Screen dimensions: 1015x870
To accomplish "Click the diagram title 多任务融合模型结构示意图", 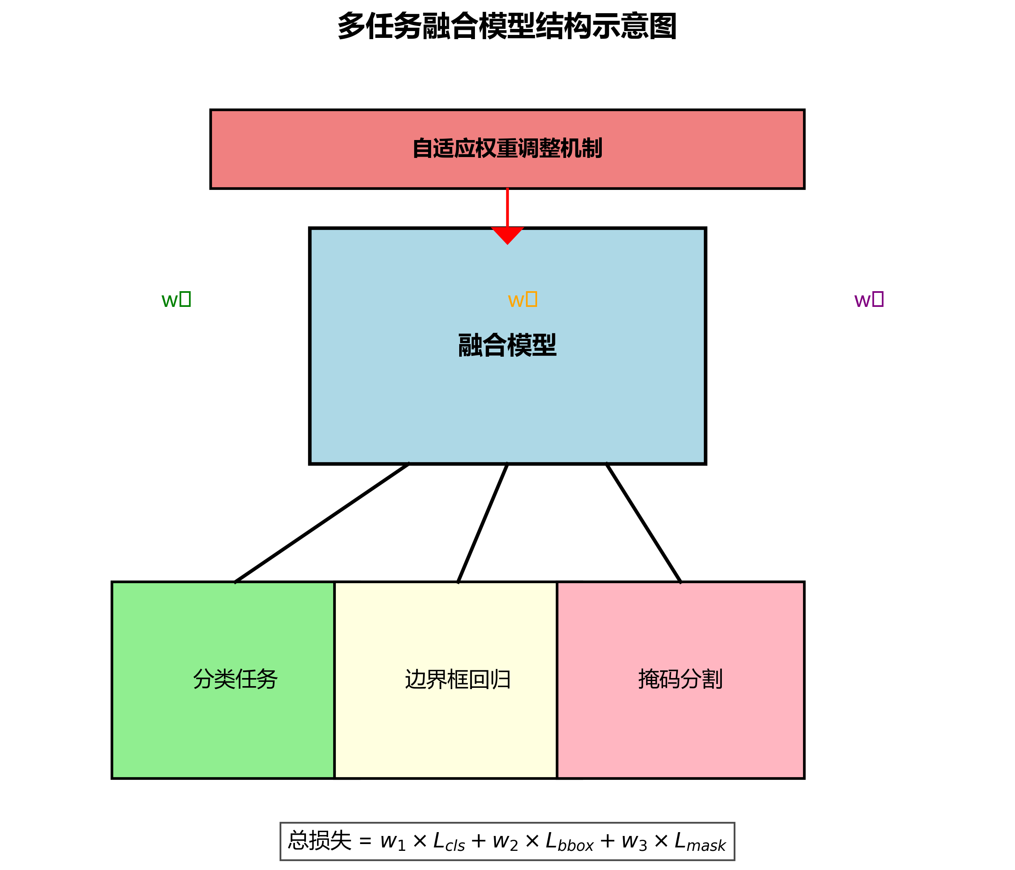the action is point(507,26).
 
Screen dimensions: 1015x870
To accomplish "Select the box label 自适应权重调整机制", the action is point(507,149).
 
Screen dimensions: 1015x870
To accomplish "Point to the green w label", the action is point(176,299).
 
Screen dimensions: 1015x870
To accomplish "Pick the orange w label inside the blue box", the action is point(522,299).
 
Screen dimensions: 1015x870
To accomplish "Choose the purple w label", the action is point(869,299).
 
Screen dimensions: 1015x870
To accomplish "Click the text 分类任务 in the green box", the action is point(236,679).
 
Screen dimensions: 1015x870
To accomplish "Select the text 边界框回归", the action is point(458,679).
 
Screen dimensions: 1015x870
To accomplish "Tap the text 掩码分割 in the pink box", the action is point(680,679).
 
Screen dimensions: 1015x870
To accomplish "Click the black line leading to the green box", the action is point(322,523).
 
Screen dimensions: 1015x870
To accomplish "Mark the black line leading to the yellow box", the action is point(483,523).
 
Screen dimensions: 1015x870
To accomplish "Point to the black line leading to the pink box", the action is point(643,523).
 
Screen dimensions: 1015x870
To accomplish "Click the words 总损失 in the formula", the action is point(319,841).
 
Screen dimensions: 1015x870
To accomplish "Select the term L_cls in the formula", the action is point(449,841).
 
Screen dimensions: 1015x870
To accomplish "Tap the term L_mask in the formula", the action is point(700,841).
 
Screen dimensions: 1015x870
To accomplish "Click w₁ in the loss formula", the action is point(393,841).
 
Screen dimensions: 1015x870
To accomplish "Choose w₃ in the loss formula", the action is point(635,841).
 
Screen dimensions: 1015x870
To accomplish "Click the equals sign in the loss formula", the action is point(366,841).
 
